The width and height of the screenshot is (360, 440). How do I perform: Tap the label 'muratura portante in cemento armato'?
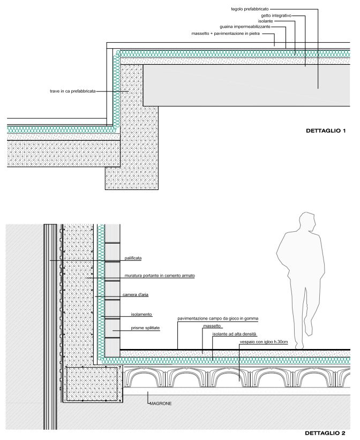click(x=160, y=276)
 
